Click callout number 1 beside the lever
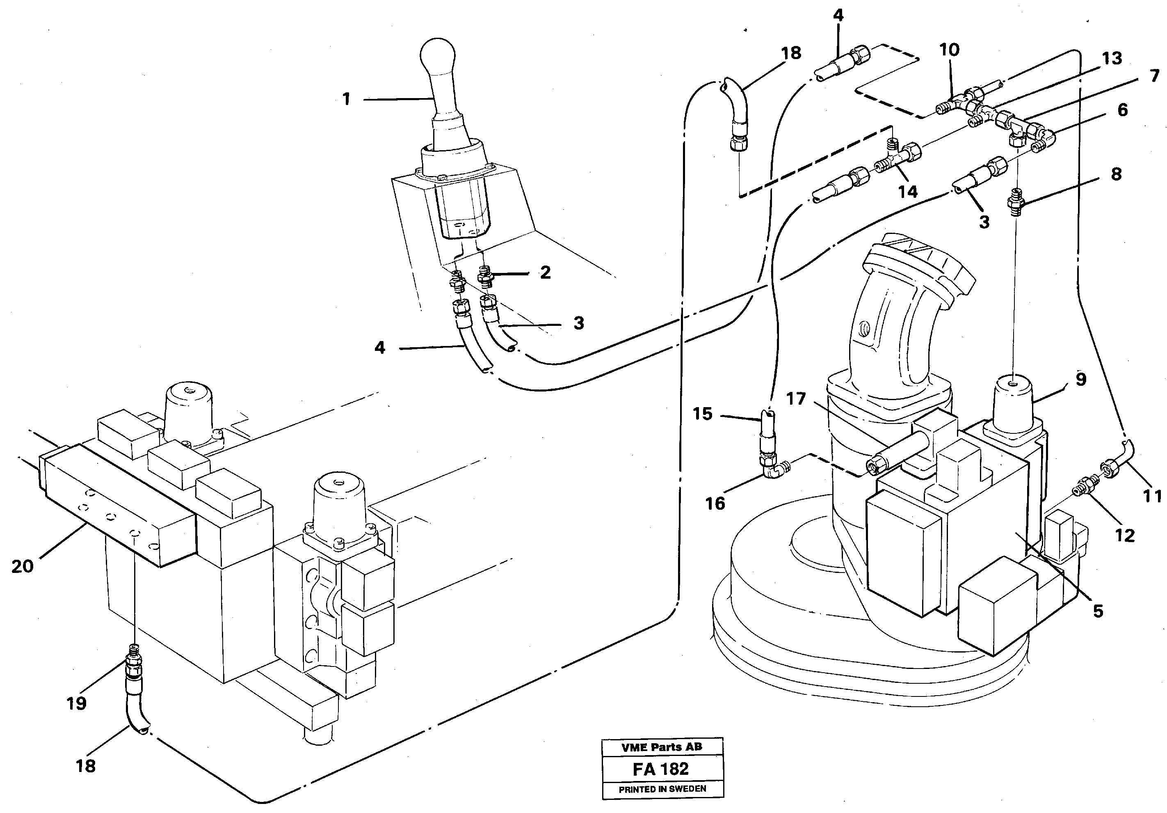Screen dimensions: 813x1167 coord(346,99)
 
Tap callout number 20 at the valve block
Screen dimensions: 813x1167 coord(23,566)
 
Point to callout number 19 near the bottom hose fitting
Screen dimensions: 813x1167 coord(76,704)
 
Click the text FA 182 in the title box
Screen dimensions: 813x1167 coord(661,769)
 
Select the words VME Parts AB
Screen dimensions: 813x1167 coord(661,747)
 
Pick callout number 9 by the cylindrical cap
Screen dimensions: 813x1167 coord(1080,379)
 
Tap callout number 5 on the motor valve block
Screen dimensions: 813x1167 coord(1098,611)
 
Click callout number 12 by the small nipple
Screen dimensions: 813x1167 coord(1124,536)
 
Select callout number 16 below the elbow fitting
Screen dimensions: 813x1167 coord(715,504)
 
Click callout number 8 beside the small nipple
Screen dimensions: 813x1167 coord(1116,174)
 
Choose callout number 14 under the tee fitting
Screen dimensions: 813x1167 coord(907,192)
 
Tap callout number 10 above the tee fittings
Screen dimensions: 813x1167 coord(949,50)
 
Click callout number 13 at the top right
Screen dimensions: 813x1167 coord(1112,58)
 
